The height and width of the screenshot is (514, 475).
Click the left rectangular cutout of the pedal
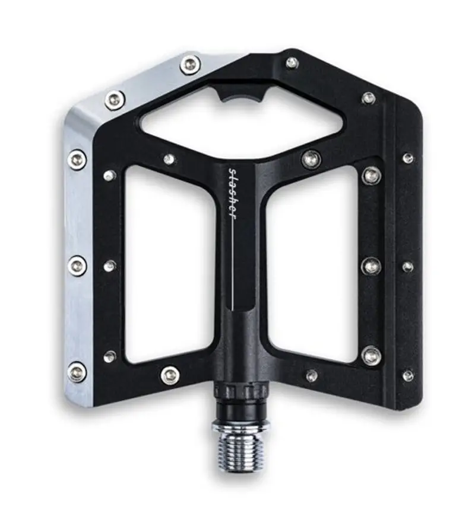pyautogui.click(x=169, y=264)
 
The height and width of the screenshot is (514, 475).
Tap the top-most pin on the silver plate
pyautogui.click(x=190, y=64)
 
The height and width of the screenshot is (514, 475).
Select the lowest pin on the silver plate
pyautogui.click(x=77, y=372)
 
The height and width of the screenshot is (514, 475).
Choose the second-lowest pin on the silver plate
pyautogui.click(x=77, y=265)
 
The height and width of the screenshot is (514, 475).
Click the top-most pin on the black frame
pyautogui.click(x=292, y=62)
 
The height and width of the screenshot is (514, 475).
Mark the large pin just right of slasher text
pyautogui.click(x=311, y=159)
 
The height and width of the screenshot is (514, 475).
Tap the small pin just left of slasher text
pyautogui.click(x=169, y=159)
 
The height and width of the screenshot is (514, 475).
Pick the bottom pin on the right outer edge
pyautogui.click(x=408, y=375)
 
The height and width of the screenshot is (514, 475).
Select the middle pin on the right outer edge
pyautogui.click(x=408, y=267)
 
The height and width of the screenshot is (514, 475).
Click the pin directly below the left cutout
pyautogui.click(x=170, y=375)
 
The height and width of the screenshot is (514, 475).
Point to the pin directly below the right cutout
pyautogui.click(x=311, y=375)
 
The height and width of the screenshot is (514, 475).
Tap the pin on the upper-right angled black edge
pyautogui.click(x=369, y=98)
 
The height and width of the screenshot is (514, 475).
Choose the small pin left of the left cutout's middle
pyautogui.click(x=110, y=266)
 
